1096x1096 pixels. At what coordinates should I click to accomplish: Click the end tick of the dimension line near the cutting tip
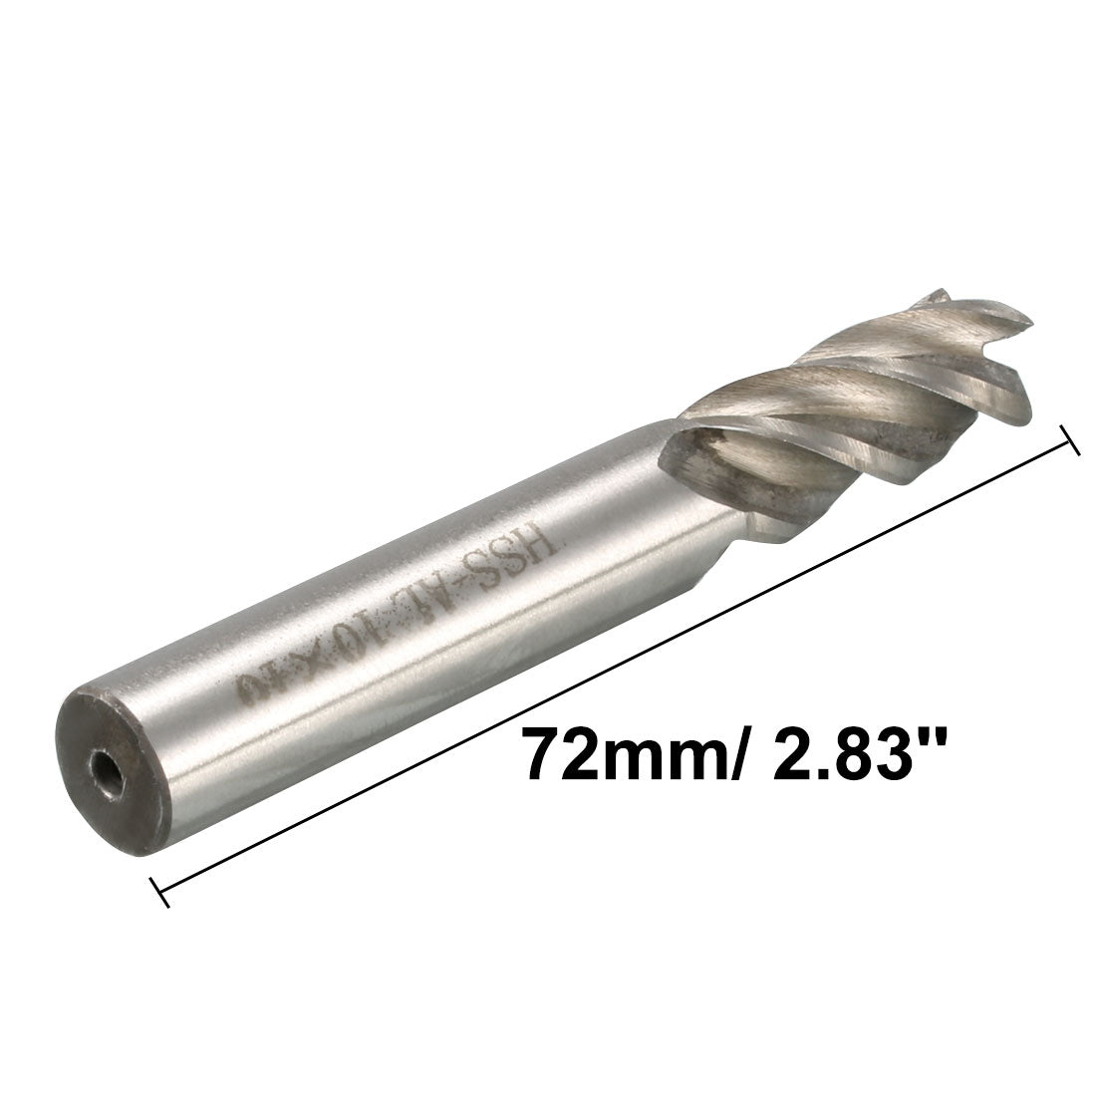[x=1072, y=441]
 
